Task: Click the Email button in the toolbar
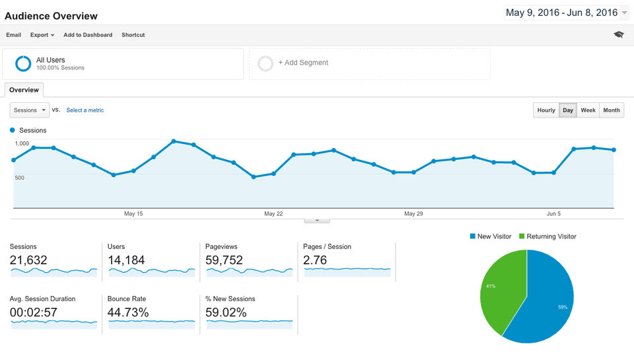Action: click(x=13, y=35)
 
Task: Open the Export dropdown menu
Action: click(x=42, y=35)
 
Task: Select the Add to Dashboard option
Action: click(x=88, y=35)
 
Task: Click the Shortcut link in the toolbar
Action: click(x=133, y=35)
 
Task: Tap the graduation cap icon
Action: click(x=618, y=34)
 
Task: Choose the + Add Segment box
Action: click(x=303, y=63)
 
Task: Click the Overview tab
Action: click(x=24, y=90)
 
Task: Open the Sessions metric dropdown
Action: click(x=30, y=110)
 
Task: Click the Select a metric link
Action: click(x=85, y=110)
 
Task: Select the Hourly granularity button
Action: click(x=546, y=110)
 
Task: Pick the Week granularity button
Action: click(x=588, y=110)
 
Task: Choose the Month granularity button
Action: click(x=612, y=110)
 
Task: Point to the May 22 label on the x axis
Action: click(x=273, y=213)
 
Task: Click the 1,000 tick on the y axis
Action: click(x=22, y=143)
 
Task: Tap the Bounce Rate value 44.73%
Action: click(x=128, y=312)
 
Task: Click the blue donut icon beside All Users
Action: click(x=24, y=63)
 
